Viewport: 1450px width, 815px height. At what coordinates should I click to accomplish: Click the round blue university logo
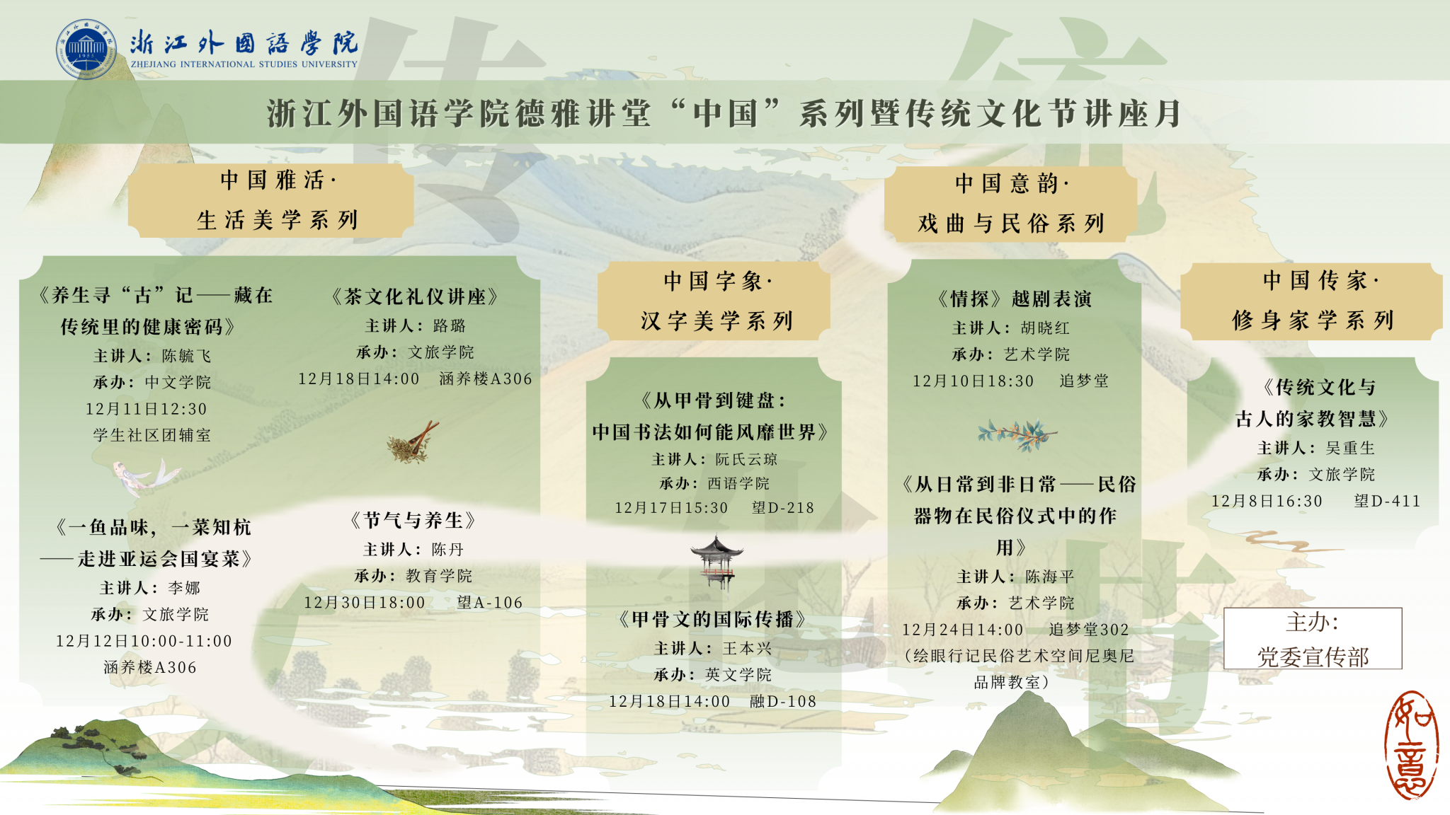(x=86, y=49)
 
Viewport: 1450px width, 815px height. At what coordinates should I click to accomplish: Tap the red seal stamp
(x=1411, y=745)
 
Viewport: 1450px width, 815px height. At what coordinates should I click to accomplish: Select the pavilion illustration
(x=717, y=562)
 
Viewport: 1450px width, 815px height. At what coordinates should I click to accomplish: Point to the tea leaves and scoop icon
(x=413, y=442)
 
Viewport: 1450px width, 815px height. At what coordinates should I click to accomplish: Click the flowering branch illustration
(x=1017, y=434)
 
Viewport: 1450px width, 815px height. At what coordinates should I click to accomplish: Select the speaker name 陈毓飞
(x=187, y=356)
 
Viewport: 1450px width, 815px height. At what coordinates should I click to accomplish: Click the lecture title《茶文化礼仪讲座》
(x=415, y=296)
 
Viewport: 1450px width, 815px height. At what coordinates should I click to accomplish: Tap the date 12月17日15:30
(x=671, y=508)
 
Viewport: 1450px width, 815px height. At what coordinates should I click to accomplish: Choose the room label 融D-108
(x=783, y=701)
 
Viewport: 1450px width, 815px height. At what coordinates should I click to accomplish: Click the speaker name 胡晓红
(x=1045, y=328)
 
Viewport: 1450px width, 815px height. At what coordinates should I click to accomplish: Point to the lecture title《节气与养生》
(x=413, y=521)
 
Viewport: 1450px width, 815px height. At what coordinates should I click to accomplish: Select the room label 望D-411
(x=1387, y=501)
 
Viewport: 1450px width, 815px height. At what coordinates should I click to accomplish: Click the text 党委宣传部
(x=1313, y=657)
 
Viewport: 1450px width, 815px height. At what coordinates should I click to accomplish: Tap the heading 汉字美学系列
(x=717, y=321)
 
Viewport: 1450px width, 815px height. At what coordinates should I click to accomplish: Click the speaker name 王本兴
(x=748, y=648)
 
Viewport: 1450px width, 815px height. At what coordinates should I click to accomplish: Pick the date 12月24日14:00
(x=962, y=630)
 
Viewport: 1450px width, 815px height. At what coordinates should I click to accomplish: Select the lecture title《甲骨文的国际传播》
(x=712, y=620)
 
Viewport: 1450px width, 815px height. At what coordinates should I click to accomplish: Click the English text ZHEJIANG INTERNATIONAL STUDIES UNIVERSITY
(x=244, y=64)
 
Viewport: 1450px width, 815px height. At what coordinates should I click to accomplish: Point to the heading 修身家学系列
(x=1313, y=320)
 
